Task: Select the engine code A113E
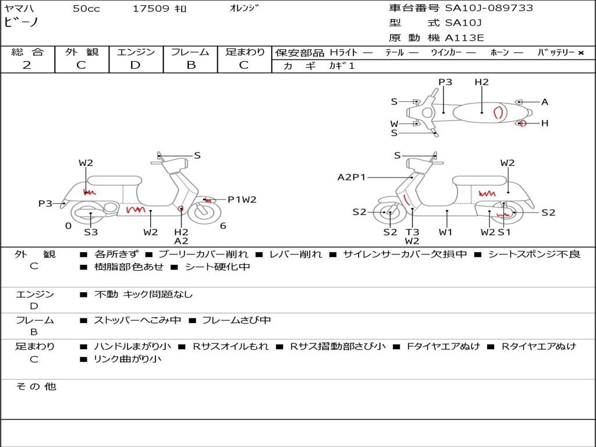[x=464, y=38]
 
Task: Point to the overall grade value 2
[x=27, y=65]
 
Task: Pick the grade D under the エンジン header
[x=135, y=65]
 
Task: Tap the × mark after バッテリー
[x=580, y=53]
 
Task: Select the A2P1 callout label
[x=352, y=178]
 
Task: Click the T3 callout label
[x=412, y=232]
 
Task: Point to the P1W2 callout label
[x=242, y=200]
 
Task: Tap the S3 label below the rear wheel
[x=91, y=232]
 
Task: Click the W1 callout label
[x=446, y=232]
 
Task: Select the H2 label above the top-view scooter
[x=481, y=82]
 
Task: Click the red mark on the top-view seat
[x=498, y=112]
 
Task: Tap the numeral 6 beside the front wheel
[x=223, y=226]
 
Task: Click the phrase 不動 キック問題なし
[x=143, y=295]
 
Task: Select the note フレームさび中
[x=236, y=320]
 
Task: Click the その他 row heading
[x=36, y=386]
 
